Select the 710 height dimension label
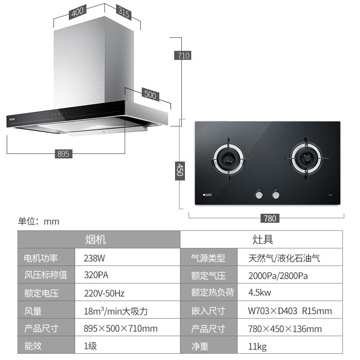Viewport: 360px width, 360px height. [x=184, y=55]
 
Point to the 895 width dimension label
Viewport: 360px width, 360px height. [x=63, y=153]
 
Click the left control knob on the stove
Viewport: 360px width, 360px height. [x=259, y=195]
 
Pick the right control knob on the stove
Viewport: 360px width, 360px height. [x=275, y=195]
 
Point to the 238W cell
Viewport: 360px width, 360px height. [x=94, y=258]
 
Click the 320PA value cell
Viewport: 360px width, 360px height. [x=96, y=275]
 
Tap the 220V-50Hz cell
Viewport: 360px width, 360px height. [x=104, y=293]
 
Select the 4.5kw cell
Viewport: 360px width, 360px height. [x=260, y=293]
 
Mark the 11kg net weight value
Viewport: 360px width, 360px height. [x=257, y=346]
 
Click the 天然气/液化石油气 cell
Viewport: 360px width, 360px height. [x=284, y=258]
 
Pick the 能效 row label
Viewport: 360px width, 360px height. [x=33, y=346]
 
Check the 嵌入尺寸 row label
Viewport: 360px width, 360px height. [x=208, y=311]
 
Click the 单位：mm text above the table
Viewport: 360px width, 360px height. [x=39, y=221]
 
